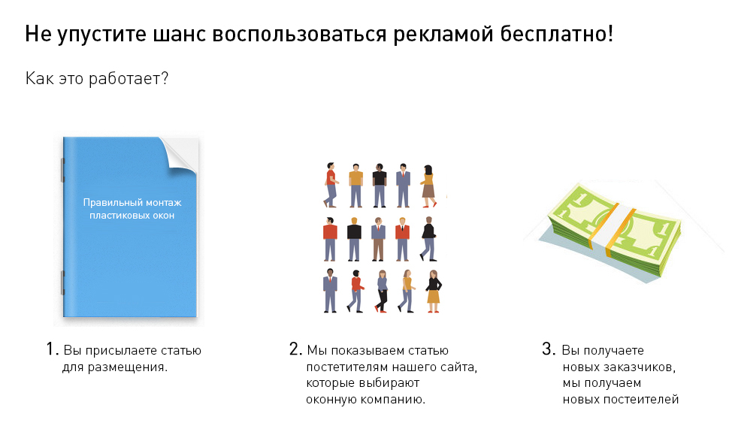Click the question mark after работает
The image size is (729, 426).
coord(164,78)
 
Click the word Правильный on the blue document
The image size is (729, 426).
coord(113,203)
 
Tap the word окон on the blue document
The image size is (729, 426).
coord(165,216)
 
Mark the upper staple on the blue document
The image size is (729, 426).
coord(63,170)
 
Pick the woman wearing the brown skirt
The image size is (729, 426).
coord(428,186)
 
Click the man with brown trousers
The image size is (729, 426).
coord(379,239)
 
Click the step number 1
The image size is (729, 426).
coord(52,349)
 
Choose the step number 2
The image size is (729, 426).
coord(295,349)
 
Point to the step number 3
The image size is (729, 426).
coord(549,349)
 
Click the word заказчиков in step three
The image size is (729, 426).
coord(639,367)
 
